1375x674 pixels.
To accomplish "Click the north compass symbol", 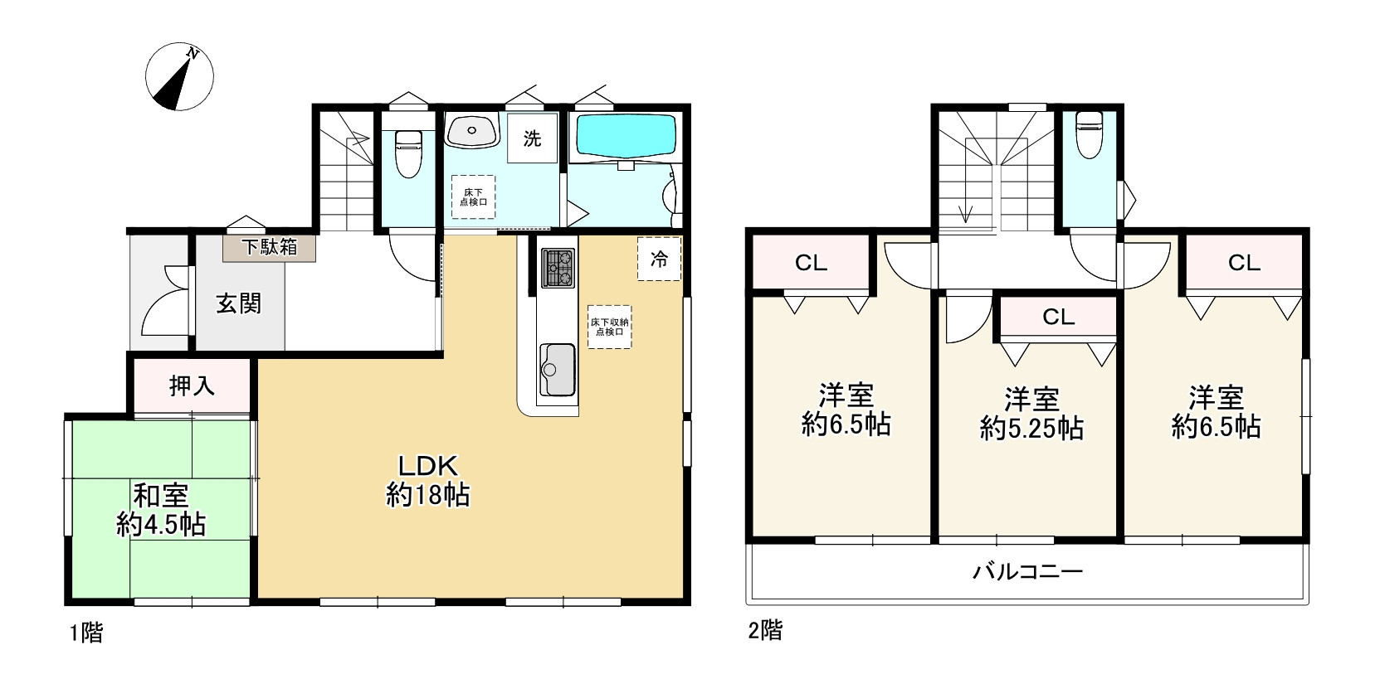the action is click(x=179, y=76).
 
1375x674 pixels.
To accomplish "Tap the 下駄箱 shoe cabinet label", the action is click(x=270, y=247).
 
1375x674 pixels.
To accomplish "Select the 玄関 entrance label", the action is click(x=239, y=303).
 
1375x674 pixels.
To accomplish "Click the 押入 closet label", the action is click(x=192, y=385).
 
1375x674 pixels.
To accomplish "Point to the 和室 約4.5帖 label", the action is click(x=161, y=510).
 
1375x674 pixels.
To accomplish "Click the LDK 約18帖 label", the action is click(x=428, y=481).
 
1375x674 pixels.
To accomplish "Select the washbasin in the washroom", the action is click(x=471, y=131).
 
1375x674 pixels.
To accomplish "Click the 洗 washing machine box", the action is click(x=532, y=138).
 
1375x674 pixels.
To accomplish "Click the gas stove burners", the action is click(x=558, y=268).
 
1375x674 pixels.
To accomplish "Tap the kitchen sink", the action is click(x=558, y=370).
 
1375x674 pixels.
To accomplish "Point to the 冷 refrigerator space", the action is click(x=659, y=259).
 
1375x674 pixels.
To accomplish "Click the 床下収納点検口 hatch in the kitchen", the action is click(x=610, y=327).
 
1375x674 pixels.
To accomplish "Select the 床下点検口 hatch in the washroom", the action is click(x=473, y=196).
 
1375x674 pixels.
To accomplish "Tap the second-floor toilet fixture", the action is click(x=1089, y=134).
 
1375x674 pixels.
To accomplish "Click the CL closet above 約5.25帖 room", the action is click(x=1058, y=317).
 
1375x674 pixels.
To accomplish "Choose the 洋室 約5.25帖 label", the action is click(x=1031, y=414).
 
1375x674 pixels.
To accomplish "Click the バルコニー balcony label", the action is click(x=1027, y=572).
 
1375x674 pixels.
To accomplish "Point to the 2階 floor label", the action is click(x=765, y=630).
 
